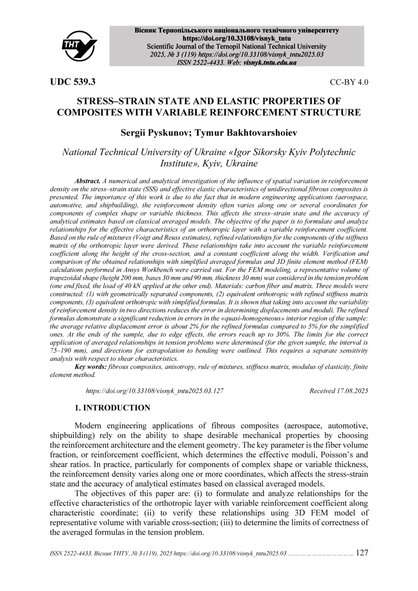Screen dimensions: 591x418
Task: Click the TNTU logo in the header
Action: tap(79, 45)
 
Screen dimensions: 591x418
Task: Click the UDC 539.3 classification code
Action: tap(73, 82)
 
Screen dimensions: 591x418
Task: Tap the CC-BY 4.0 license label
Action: tap(349, 82)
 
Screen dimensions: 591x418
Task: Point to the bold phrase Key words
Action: tap(91, 367)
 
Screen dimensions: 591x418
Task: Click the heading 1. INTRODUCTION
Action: tap(112, 408)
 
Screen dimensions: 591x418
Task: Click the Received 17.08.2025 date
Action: tap(338, 391)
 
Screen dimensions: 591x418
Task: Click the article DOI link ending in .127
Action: tap(154, 391)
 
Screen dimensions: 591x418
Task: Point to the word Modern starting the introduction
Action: tap(91, 425)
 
